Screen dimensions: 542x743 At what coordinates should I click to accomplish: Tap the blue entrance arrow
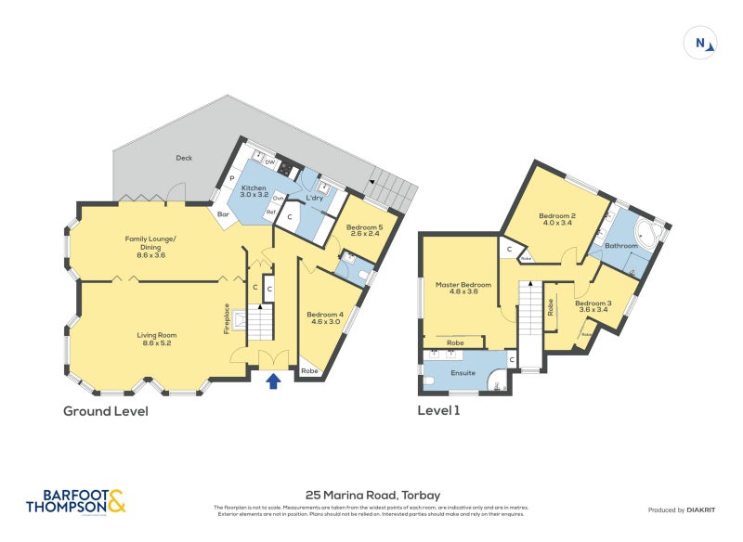click(x=274, y=381)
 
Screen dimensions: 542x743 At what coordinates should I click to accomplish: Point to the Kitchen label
click(x=254, y=191)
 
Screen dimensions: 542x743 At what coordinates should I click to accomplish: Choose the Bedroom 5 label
click(x=364, y=231)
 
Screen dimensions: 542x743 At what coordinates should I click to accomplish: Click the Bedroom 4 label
click(x=325, y=317)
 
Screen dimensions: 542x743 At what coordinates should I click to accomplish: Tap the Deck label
click(x=184, y=158)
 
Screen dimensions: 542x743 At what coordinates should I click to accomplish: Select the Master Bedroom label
click(x=463, y=288)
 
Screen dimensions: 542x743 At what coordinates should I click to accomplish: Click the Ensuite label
click(x=463, y=372)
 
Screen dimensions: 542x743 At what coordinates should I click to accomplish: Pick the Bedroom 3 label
click(x=592, y=306)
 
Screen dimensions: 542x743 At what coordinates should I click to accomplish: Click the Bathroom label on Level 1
click(x=622, y=246)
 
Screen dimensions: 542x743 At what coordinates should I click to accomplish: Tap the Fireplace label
click(x=226, y=318)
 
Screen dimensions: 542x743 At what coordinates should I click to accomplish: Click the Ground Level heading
click(x=105, y=410)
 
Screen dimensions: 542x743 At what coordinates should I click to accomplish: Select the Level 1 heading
click(x=439, y=410)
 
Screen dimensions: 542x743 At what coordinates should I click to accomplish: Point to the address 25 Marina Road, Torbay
click(x=372, y=496)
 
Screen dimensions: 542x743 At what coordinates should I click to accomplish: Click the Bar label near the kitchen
click(x=223, y=214)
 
